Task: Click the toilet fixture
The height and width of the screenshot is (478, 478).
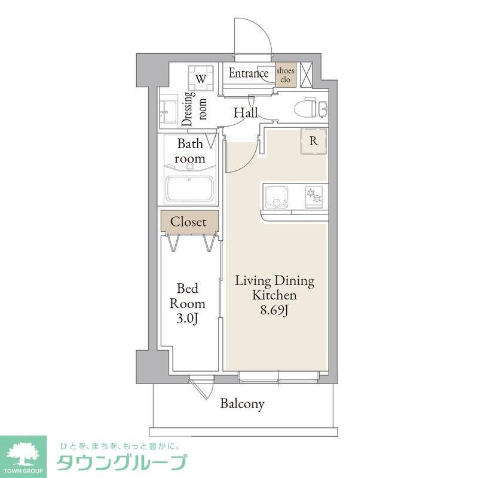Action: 311,108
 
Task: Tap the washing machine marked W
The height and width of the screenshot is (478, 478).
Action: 201,78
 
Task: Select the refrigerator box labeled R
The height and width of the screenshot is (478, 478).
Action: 313,142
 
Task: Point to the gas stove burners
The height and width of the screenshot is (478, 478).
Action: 313,195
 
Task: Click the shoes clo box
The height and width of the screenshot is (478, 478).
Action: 285,75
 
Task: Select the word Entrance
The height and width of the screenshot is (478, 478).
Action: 249,73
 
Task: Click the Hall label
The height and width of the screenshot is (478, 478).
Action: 245,112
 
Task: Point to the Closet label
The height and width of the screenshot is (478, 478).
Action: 188,222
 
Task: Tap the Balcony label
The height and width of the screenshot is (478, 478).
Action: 242,404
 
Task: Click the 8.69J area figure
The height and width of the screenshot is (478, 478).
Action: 274,311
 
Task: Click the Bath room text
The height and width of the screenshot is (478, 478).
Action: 190,151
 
